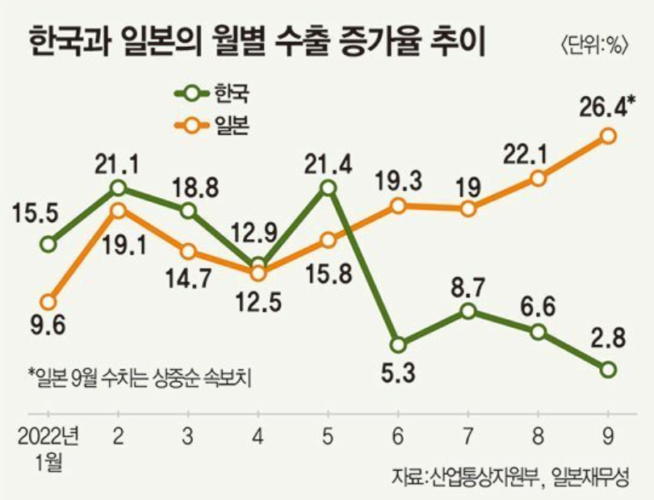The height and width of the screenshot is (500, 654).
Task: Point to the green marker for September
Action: point(608,369)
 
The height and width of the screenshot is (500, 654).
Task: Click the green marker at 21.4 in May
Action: point(328,187)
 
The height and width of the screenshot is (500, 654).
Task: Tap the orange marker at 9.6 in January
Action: point(48,301)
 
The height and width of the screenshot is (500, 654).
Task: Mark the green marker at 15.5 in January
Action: point(48,243)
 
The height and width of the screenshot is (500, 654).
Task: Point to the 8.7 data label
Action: point(468,284)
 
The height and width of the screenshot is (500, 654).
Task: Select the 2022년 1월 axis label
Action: point(48,449)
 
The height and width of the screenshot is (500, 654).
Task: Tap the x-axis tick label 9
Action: point(608,436)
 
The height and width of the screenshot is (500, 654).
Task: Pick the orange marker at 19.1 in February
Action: point(118,210)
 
